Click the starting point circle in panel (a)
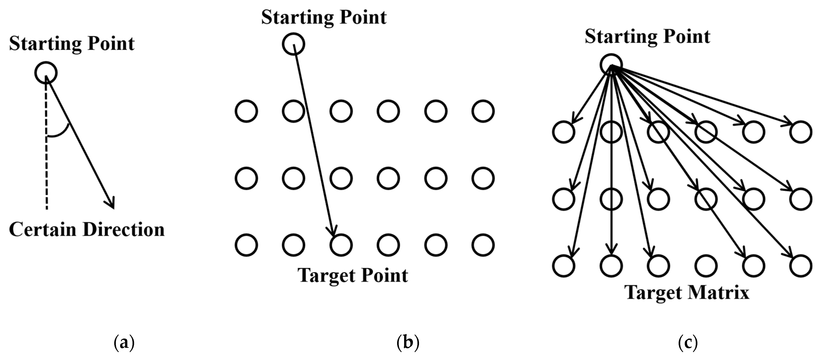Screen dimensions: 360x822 click(46, 73)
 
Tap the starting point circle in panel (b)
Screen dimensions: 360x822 click(293, 44)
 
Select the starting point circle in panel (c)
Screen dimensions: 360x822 click(611, 65)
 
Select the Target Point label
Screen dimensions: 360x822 click(353, 275)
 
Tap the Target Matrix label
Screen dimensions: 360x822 click(687, 292)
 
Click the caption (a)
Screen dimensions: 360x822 click(124, 342)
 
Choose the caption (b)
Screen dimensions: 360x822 click(408, 342)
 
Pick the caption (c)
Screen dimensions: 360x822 click(688, 342)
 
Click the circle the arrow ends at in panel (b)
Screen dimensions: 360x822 click(341, 245)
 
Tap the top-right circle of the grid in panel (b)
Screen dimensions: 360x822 click(483, 111)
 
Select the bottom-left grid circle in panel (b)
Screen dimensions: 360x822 click(246, 245)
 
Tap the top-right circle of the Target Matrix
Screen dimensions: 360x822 click(801, 132)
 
